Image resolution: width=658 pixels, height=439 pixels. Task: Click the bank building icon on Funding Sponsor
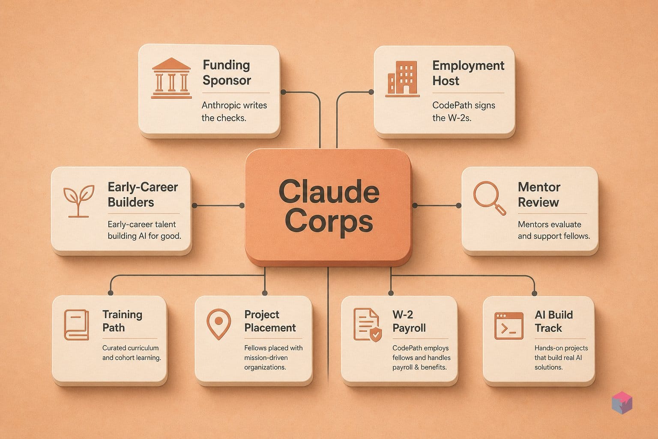171,78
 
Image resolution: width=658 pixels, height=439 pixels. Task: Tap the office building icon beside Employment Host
402,79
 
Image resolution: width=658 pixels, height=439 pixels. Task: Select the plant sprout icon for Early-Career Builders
78,201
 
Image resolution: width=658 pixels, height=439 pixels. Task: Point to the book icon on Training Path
76,325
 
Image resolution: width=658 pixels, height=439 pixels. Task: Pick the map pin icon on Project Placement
218,325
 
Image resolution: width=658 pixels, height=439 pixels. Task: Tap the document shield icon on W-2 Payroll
368,325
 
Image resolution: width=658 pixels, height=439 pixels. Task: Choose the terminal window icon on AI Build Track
509,326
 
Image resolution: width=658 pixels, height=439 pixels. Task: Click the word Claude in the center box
329,192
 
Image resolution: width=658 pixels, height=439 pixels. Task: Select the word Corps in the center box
329,222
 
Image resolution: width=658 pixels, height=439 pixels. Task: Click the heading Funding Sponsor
227,72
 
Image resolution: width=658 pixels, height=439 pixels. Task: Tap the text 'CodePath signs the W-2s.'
464,111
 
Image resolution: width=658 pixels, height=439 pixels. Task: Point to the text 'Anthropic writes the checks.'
234,111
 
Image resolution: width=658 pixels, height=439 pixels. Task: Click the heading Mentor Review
539,195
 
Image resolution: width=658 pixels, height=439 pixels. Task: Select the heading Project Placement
270,321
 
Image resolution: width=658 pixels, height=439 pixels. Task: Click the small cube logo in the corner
622,403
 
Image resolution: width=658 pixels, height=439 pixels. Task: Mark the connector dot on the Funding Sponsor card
283,92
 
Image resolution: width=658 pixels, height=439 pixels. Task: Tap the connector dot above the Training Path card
111,292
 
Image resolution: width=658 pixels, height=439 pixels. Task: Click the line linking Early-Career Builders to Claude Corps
218,205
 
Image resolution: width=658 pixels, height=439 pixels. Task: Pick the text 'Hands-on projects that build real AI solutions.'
561,358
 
